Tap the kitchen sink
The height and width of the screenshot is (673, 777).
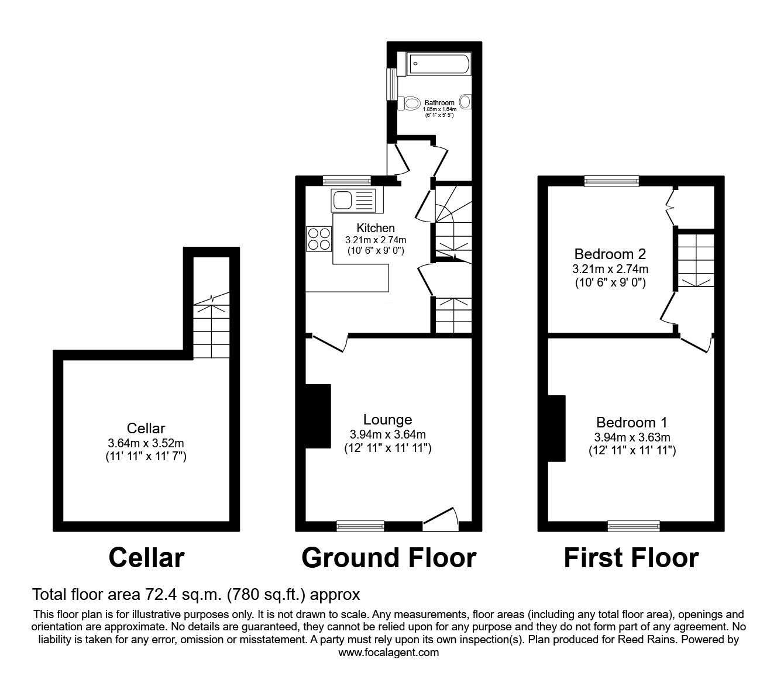tap(353, 201)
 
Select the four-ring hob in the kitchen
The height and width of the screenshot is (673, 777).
tap(318, 239)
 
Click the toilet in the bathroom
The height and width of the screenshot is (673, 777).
tap(412, 103)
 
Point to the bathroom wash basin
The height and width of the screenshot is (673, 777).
tap(466, 102)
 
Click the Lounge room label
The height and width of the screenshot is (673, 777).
tap(387, 419)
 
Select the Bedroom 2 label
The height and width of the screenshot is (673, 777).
tap(610, 254)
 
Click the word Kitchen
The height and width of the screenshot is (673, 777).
tap(376, 227)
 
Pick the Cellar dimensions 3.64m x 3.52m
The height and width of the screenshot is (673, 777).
tap(146, 443)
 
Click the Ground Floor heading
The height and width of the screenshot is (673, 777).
tap(388, 558)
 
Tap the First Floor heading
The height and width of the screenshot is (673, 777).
tap(631, 558)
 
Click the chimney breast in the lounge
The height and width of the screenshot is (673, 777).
tap(318, 416)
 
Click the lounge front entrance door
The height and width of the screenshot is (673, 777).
tap(440, 519)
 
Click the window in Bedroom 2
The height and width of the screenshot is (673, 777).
tap(611, 181)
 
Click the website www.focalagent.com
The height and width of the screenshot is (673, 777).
tap(388, 653)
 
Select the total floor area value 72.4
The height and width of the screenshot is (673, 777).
tap(160, 595)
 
